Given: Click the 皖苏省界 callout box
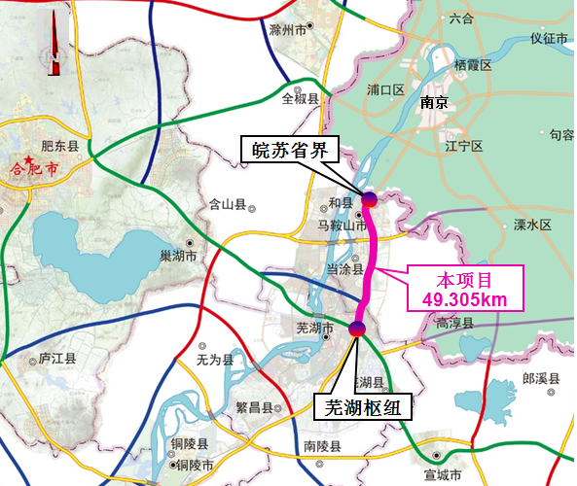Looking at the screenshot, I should (x=290, y=151).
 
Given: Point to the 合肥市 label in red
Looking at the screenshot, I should (x=34, y=167).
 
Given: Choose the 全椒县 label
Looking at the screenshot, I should (x=301, y=98).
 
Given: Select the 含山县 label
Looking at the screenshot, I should (x=230, y=205).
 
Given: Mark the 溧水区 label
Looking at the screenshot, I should (x=531, y=225).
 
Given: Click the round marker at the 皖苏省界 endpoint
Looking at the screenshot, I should (x=370, y=199).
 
